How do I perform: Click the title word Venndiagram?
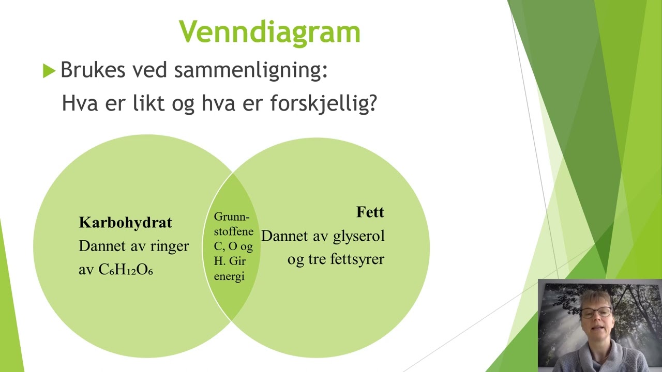[x=269, y=32]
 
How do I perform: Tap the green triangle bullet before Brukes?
[x=49, y=71]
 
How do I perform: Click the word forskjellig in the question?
[x=323, y=103]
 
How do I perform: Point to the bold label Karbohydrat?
[x=125, y=223]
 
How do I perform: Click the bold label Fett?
[x=370, y=212]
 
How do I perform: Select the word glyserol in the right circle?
[x=358, y=236]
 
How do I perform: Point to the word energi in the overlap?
[x=229, y=276]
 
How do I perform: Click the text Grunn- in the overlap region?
[x=232, y=216]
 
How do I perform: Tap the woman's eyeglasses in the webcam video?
[x=596, y=312]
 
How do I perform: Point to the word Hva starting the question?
[x=78, y=103]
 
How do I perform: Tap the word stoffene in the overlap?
[x=234, y=231]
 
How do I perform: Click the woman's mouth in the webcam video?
[x=596, y=329]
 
